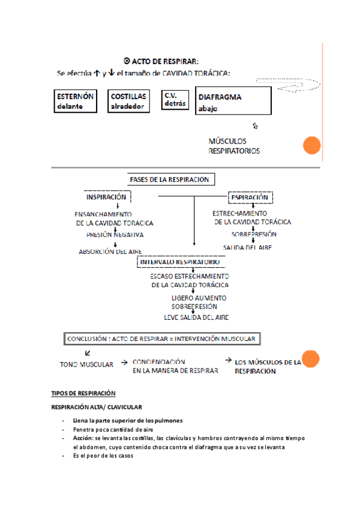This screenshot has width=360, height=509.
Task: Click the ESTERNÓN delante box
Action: tap(75, 101)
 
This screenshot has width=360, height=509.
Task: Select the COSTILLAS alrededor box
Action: tap(128, 101)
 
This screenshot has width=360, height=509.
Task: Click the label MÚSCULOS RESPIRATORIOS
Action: tap(234, 146)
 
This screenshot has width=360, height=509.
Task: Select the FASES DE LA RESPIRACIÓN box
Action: tap(171, 179)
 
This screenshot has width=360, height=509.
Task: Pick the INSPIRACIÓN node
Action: tap(106, 197)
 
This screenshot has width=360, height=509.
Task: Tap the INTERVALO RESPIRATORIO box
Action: tap(179, 262)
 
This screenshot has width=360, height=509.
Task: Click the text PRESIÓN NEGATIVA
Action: tap(115, 235)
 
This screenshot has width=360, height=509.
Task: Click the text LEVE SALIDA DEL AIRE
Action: tap(196, 317)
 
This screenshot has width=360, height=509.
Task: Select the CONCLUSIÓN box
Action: tap(161, 339)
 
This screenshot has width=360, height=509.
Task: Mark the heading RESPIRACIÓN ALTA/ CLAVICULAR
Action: tap(97, 408)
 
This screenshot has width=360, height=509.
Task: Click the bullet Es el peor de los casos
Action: tap(103, 456)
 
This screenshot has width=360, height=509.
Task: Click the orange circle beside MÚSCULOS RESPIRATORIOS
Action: tap(311, 146)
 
